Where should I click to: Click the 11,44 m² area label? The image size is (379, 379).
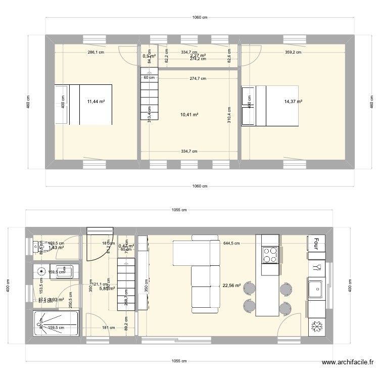pyautogui.click(x=96, y=102)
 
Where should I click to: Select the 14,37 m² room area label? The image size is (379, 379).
pyautogui.click(x=293, y=102)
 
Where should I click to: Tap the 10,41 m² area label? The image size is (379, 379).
pyautogui.click(x=189, y=115)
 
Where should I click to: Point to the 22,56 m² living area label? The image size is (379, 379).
pyautogui.click(x=231, y=285)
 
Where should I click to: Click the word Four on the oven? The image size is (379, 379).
pyautogui.click(x=316, y=244)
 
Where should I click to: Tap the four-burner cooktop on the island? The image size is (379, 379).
pyautogui.click(x=270, y=254)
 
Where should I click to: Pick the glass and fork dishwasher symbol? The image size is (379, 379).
pyautogui.click(x=317, y=267)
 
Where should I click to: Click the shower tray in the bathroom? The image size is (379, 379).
pyautogui.click(x=55, y=323)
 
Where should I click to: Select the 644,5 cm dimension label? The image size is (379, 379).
pyautogui.click(x=231, y=243)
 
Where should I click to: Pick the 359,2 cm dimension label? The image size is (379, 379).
pyautogui.click(x=292, y=52)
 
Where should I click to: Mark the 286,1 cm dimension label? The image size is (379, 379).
pyautogui.click(x=96, y=52)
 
